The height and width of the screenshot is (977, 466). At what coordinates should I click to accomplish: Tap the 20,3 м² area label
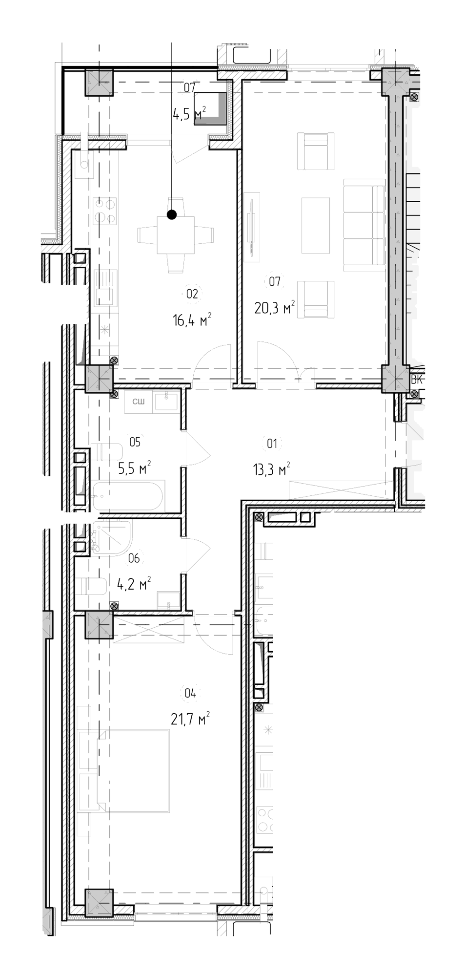[x=274, y=308]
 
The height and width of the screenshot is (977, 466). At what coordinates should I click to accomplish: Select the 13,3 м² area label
[x=271, y=470]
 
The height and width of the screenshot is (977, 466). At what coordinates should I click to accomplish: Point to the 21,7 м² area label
[x=190, y=719]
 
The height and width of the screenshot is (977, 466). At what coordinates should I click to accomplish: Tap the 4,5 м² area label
[x=189, y=114]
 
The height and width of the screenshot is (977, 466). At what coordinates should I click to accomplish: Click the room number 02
[x=191, y=294]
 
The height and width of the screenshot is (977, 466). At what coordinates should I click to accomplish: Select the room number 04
[x=190, y=693]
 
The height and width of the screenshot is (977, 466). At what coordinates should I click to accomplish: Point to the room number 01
[x=272, y=444]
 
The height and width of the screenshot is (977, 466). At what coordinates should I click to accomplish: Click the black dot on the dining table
[x=172, y=214]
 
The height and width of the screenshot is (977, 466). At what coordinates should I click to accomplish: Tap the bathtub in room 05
[x=128, y=496]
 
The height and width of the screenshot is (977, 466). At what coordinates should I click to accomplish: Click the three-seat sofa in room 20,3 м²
[x=365, y=225]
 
